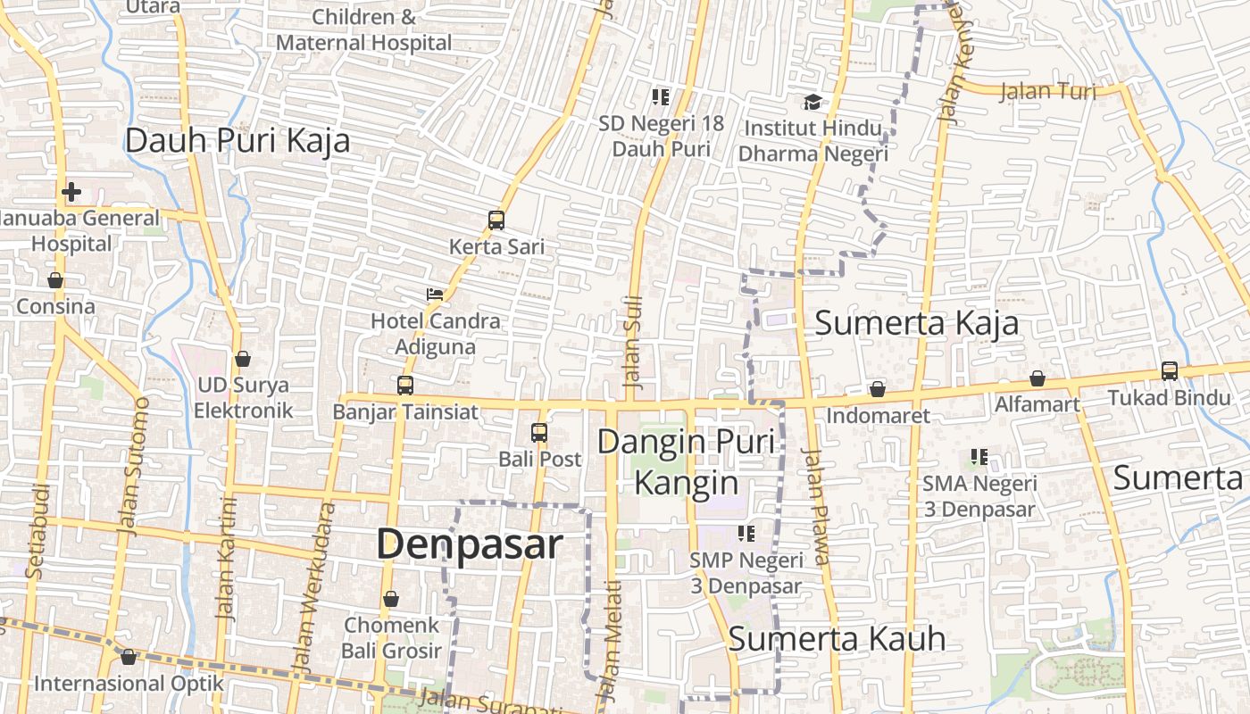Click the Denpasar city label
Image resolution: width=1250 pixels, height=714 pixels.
470,544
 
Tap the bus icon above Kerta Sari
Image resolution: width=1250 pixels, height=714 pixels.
496,220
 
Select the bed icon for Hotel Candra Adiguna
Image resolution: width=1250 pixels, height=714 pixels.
435,294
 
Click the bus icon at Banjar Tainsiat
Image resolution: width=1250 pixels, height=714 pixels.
405,386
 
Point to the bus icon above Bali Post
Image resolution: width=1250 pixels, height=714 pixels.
539,433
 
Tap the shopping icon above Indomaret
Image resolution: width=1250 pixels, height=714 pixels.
878,389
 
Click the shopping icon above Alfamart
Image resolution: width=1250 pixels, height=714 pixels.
1037,378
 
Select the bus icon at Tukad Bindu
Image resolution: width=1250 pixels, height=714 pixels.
1170,370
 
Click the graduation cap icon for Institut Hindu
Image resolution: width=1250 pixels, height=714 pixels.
812,102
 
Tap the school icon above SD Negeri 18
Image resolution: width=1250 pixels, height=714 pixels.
661,96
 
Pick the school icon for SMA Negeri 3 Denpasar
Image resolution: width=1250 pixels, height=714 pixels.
979,457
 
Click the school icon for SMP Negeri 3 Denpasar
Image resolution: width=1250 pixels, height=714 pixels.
746,534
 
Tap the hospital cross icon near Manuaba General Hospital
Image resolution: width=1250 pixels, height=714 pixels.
71,191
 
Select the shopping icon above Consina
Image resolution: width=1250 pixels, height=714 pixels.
55,280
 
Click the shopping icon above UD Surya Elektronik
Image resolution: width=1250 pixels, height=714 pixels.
243,359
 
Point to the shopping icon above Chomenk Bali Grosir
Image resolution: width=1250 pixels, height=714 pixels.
391,599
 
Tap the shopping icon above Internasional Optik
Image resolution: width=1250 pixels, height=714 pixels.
129,657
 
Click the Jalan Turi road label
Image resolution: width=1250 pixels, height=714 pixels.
1047,91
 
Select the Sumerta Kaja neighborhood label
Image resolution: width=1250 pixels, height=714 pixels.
916,323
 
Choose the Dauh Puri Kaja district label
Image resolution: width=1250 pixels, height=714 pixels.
237,141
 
